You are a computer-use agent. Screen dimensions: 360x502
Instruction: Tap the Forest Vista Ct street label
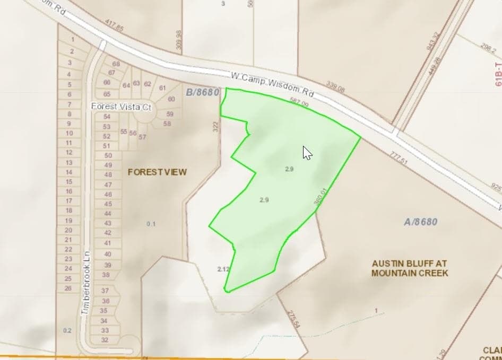click(x=122, y=107)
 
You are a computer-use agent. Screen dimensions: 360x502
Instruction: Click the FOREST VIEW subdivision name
click(x=157, y=172)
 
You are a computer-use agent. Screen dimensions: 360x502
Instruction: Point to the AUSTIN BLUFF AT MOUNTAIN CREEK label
click(x=410, y=268)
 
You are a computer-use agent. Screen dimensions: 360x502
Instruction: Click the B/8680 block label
click(x=202, y=92)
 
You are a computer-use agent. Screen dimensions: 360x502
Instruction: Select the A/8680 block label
click(x=420, y=222)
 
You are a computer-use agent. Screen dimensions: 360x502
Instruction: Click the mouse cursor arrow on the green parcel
click(x=307, y=153)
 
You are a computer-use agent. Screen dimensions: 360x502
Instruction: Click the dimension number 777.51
click(x=397, y=157)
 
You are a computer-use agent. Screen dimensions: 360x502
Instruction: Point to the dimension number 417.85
click(x=114, y=28)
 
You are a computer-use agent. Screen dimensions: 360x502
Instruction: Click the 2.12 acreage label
click(x=223, y=269)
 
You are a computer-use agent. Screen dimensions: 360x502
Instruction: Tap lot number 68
click(x=116, y=64)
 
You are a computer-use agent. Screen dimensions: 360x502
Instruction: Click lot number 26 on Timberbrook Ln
click(x=68, y=288)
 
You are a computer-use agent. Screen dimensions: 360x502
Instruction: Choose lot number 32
click(x=105, y=340)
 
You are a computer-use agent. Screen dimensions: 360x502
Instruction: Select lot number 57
click(x=142, y=137)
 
